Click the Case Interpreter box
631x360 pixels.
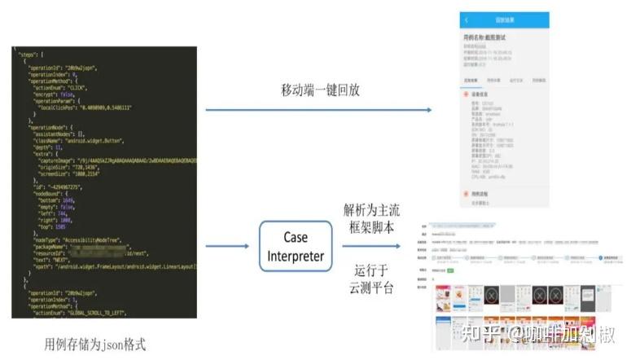point(296,247)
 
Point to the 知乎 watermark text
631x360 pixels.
point(480,333)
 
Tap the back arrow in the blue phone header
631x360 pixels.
point(467,19)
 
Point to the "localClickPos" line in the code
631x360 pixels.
point(90,108)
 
